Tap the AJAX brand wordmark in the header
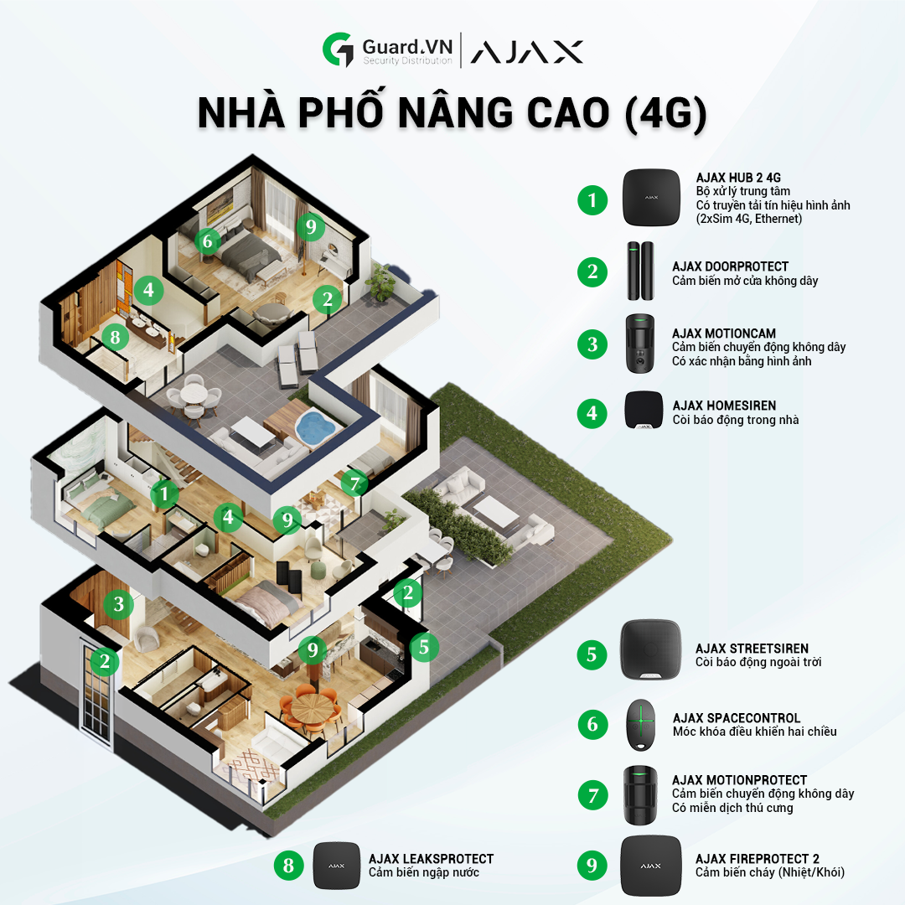(x=526, y=52)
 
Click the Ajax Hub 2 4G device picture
(x=651, y=198)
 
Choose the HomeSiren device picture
(x=644, y=410)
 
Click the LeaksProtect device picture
(x=336, y=865)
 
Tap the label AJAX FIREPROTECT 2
(x=757, y=858)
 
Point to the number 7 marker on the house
(x=354, y=484)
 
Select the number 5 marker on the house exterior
(x=424, y=647)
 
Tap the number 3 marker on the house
(x=119, y=603)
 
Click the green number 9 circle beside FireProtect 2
(x=592, y=866)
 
